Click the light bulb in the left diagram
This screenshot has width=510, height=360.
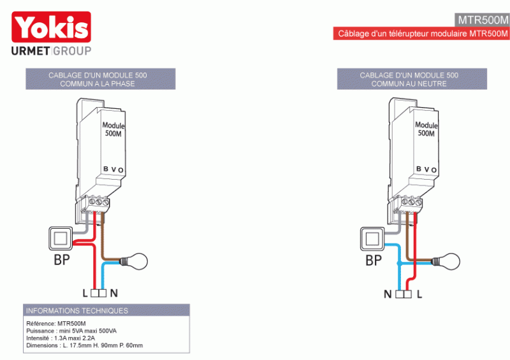point(138,261)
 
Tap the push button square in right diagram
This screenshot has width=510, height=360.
point(372,239)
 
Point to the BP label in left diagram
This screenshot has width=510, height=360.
point(61,261)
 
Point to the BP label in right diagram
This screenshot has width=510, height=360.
point(374,261)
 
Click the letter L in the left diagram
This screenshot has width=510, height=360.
point(85,294)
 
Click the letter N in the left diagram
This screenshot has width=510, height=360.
point(113,294)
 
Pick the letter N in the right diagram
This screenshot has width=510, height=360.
point(387,295)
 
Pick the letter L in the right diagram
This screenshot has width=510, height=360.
point(419,295)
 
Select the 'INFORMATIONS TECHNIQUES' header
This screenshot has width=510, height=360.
point(76,311)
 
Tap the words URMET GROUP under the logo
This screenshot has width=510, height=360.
point(52,51)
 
